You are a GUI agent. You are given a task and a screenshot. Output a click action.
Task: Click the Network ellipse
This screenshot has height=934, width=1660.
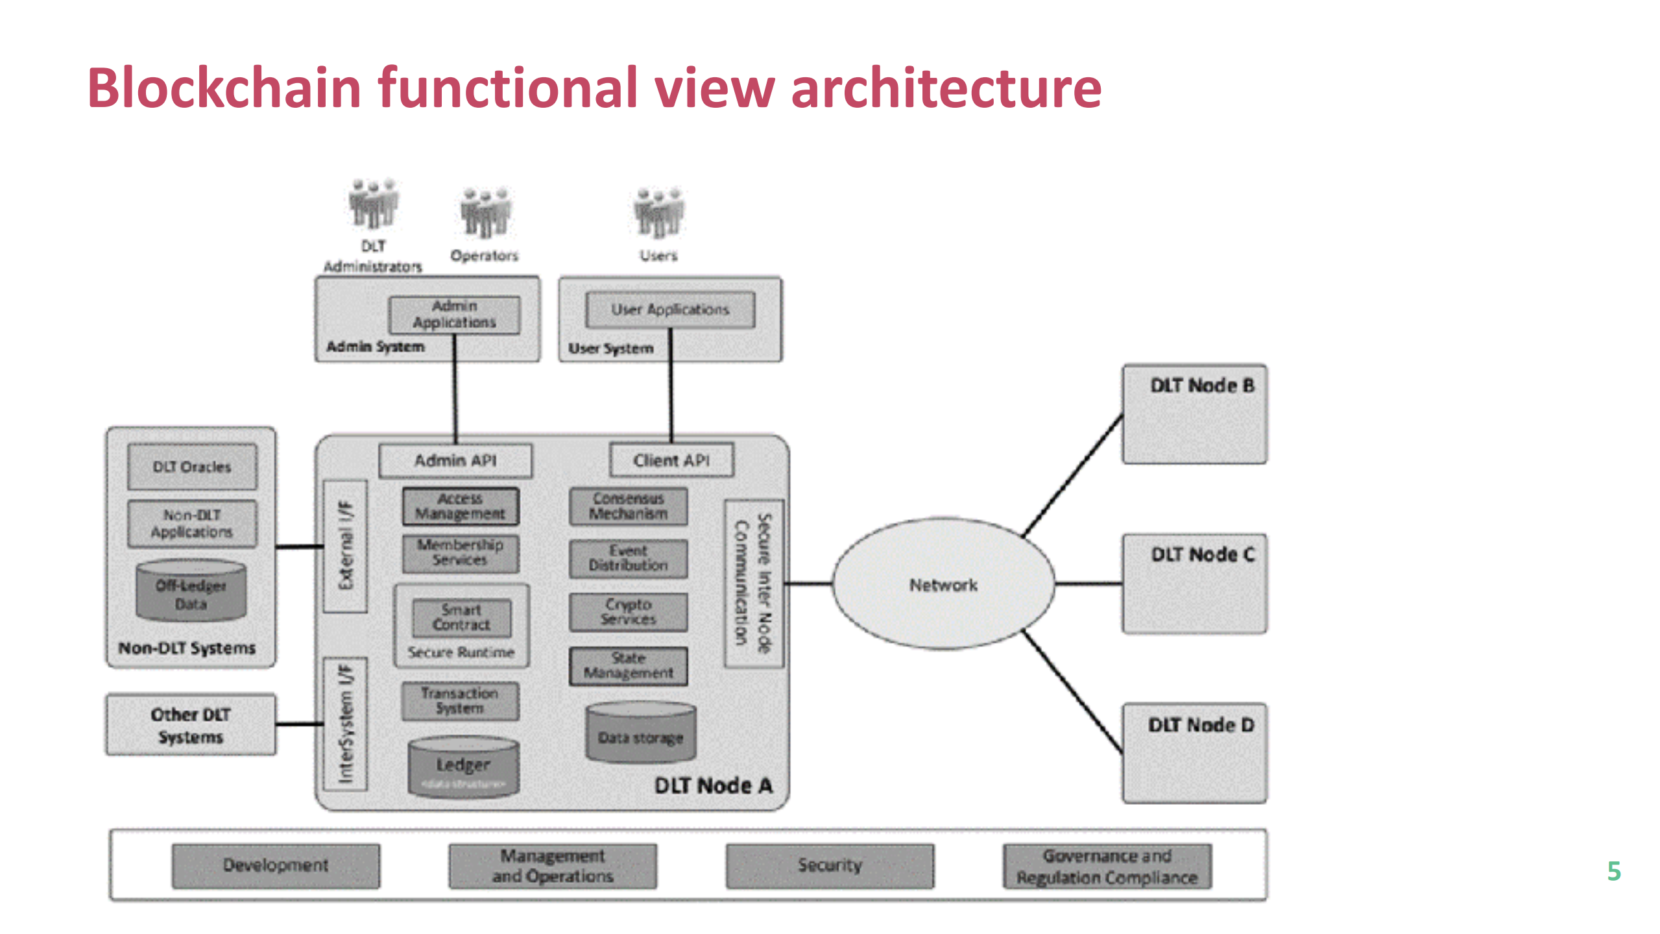[943, 584]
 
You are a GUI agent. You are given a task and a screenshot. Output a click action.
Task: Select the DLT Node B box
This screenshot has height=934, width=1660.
[1194, 414]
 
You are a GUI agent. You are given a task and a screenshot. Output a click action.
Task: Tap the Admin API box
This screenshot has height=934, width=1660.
[455, 461]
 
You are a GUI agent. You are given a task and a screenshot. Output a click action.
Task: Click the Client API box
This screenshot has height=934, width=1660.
[671, 460]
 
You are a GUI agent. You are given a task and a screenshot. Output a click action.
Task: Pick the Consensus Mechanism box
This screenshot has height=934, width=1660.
[628, 506]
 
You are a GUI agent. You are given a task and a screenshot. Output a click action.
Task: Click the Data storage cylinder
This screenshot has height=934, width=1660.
[640, 733]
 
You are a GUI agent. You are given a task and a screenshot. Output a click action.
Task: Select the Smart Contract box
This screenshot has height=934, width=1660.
[461, 617]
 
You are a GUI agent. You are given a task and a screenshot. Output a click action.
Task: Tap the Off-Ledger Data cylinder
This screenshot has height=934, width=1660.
[191, 592]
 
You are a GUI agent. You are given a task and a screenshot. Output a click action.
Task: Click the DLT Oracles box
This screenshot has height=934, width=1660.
[192, 467]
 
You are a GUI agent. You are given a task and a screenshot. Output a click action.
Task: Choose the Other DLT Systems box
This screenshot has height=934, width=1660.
[191, 725]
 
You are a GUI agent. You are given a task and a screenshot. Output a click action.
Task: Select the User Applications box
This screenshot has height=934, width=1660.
[670, 310]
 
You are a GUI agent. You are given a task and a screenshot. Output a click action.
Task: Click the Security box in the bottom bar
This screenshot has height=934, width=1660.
[830, 865]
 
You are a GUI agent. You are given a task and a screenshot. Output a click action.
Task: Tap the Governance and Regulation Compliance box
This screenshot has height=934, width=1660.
[1107, 866]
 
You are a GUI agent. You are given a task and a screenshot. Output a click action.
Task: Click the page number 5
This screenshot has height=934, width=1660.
[1614, 870]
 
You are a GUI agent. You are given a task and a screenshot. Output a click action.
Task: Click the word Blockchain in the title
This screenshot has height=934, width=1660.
[224, 88]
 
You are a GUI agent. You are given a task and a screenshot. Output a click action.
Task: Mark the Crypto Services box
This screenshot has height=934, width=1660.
[628, 612]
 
